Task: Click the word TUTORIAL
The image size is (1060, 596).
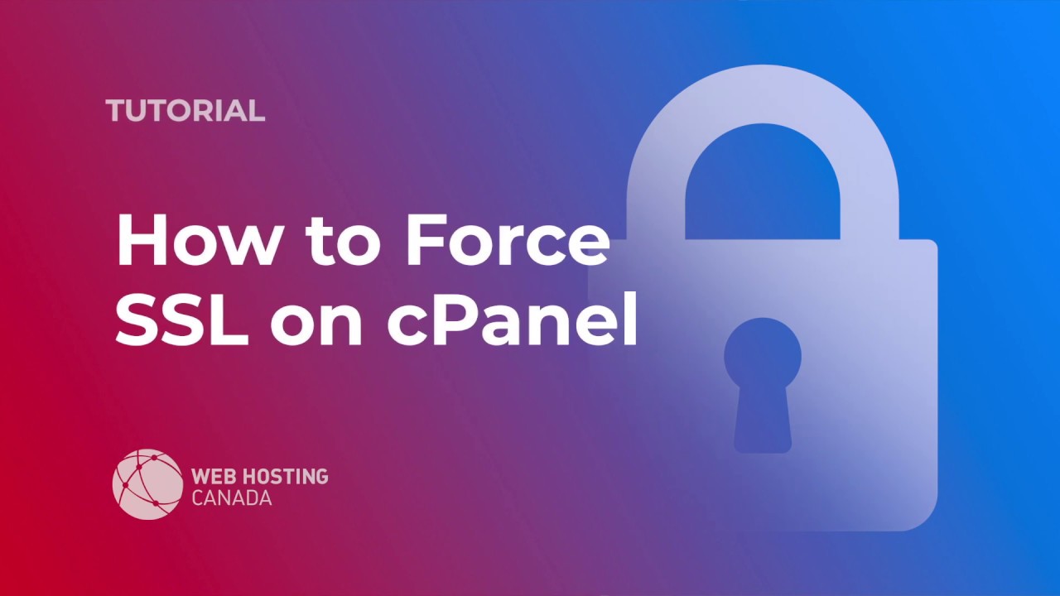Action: (185, 110)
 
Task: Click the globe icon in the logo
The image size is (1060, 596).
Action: (147, 484)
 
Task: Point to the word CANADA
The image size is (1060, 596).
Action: (231, 498)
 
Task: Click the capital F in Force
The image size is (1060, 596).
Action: (424, 240)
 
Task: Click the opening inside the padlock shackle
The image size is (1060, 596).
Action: (763, 190)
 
